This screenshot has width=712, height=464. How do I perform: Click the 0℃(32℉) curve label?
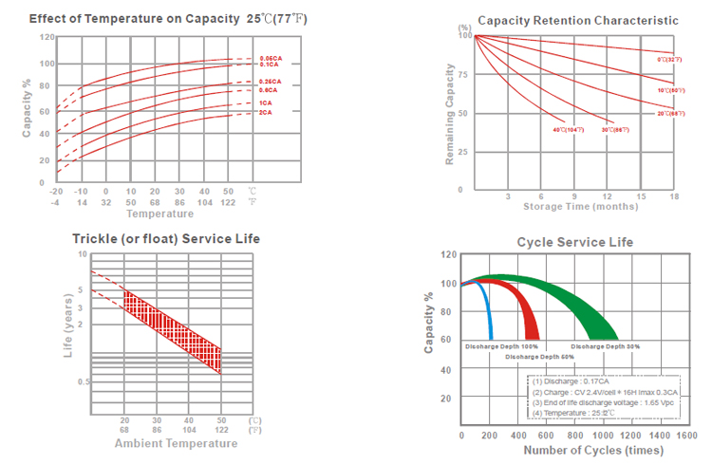point(669,60)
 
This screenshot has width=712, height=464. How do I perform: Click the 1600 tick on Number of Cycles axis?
point(686,435)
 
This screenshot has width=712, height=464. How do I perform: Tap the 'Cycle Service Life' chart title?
point(574,242)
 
